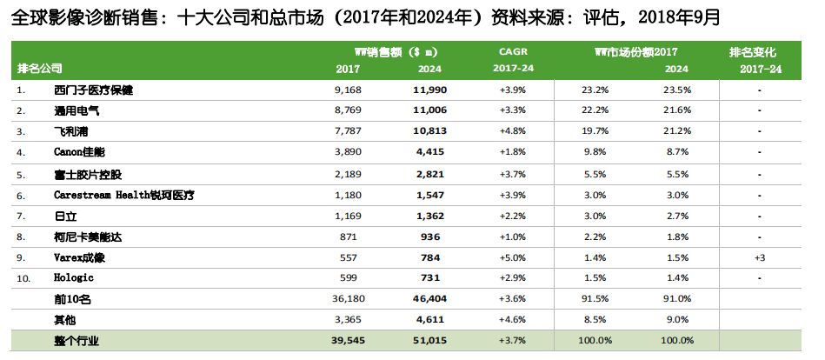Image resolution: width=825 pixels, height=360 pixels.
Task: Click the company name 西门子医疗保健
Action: [93, 90]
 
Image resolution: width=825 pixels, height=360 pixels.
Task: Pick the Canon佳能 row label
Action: [80, 152]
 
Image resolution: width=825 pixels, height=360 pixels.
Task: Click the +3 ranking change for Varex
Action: [759, 257]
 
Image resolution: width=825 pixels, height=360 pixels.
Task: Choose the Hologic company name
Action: [73, 278]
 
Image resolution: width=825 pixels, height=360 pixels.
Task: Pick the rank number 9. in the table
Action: [22, 257]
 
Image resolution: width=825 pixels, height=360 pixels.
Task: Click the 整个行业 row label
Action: [77, 342]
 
